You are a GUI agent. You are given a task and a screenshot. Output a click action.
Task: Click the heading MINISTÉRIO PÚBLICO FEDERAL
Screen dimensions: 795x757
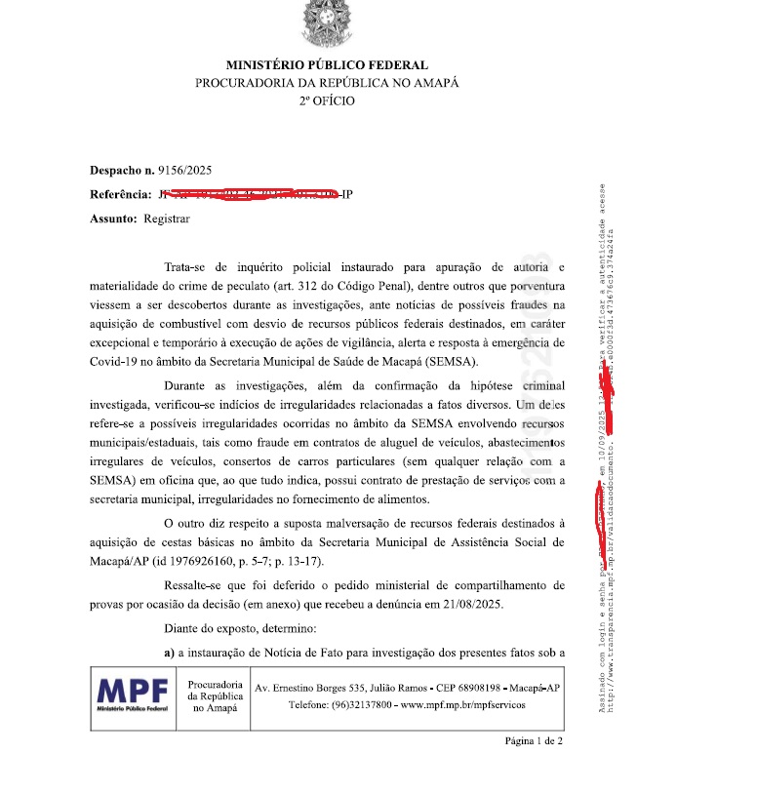(327, 64)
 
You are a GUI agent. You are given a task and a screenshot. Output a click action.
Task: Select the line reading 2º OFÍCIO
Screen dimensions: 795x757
(327, 100)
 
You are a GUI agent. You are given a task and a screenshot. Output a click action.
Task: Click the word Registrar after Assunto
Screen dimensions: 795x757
(167, 219)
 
